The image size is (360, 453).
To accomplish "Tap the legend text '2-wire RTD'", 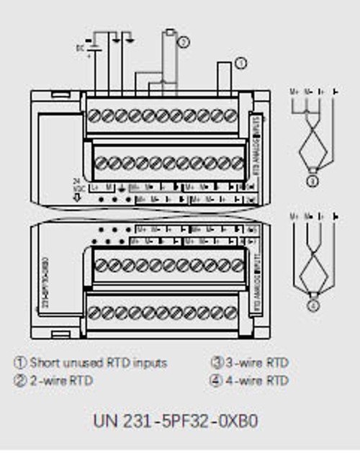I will coord(61,380).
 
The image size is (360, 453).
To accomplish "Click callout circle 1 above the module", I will coord(241,63).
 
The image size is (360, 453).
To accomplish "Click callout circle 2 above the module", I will coord(183,42).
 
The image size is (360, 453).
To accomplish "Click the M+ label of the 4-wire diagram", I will coord(294,215).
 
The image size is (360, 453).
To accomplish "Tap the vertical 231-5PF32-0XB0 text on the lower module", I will coord(45,282).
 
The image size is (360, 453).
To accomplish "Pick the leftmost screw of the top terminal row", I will coord(94,114).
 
